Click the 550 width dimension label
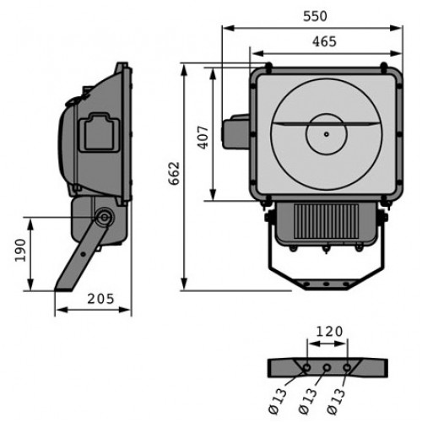pyautogui.click(x=315, y=16)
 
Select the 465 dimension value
pyautogui.click(x=324, y=41)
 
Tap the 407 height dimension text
pyautogui.click(x=203, y=138)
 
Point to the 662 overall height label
pyautogui.click(x=174, y=173)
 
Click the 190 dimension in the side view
pyautogui.click(x=20, y=250)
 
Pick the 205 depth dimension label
pyautogui.click(x=100, y=299)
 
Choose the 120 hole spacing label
pyautogui.click(x=330, y=332)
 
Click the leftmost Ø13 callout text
pyautogui.click(x=278, y=401)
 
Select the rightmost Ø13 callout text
pyautogui.click(x=336, y=401)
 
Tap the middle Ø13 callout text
pyautogui.click(x=307, y=401)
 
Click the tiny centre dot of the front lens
pyautogui.click(x=327, y=134)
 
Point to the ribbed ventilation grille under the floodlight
pyautogui.click(x=326, y=221)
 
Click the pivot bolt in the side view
pyautogui.click(x=104, y=217)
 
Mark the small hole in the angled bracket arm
pyautogui.click(x=83, y=254)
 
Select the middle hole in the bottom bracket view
pyautogui.click(x=327, y=367)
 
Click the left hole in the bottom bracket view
pyautogui.click(x=306, y=367)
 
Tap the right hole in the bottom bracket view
pyautogui.click(x=347, y=367)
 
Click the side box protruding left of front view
pyautogui.click(x=235, y=132)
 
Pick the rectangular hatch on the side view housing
pyautogui.click(x=99, y=133)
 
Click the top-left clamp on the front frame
pyautogui.click(x=268, y=67)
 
